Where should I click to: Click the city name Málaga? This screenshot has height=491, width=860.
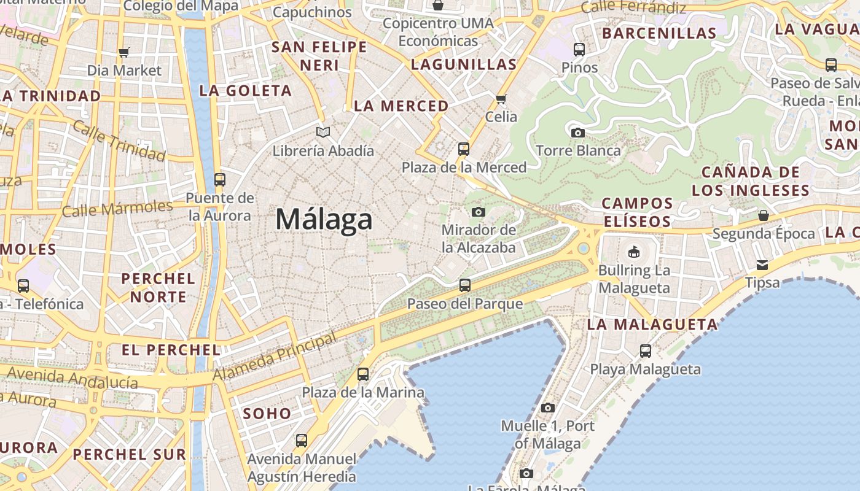324,220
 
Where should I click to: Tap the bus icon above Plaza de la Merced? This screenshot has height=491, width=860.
464,149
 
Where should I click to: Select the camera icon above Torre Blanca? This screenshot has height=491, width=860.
577,133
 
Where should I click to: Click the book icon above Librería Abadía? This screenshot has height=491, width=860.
323,132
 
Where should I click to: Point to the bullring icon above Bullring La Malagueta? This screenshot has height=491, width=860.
634,252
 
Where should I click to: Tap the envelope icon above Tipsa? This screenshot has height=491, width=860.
762,265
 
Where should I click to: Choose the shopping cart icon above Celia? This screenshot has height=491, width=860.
501,99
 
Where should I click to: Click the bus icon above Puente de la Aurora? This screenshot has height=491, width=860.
220,180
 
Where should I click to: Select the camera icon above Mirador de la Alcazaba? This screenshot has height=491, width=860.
479,212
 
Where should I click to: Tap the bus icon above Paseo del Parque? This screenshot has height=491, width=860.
465,285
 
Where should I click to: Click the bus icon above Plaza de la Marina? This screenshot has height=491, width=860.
363,374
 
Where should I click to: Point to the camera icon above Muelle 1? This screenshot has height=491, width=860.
548,408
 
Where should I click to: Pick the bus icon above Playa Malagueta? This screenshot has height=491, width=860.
646,351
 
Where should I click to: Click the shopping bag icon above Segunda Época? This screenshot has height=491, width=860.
764,215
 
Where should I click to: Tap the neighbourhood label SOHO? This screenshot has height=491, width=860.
267,414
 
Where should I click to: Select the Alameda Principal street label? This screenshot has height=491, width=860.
275,357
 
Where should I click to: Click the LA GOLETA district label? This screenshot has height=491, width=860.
245,91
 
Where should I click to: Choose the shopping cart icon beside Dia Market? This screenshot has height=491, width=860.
124,53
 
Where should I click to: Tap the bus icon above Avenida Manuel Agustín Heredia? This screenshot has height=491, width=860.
302,441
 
